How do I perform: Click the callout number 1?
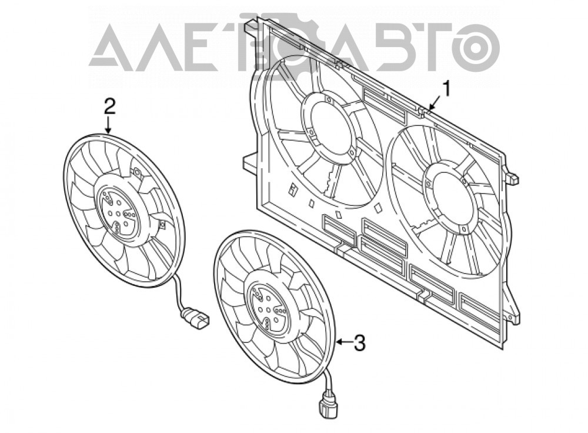(446, 90)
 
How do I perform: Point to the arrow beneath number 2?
(108, 125)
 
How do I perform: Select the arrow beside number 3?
(344, 342)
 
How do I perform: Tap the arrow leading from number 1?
(435, 103)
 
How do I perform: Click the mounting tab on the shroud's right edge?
(513, 177)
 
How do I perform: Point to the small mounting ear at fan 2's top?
(136, 173)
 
